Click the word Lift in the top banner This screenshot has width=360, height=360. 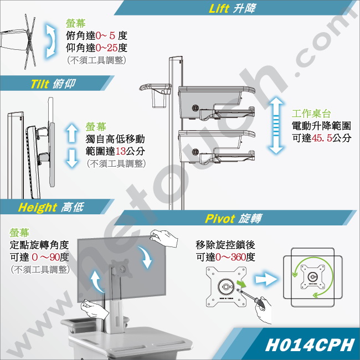[x=219, y=8]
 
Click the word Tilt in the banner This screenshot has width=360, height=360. [x=40, y=84]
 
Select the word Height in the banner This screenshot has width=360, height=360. [x=38, y=208]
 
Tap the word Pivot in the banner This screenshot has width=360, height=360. [x=220, y=218]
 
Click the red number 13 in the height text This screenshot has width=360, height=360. [x=120, y=151]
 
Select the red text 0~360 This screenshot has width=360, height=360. [x=230, y=257]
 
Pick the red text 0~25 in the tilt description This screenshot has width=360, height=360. [x=106, y=48]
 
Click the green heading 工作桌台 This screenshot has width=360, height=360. [x=311, y=114]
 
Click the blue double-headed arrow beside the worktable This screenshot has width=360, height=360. [x=276, y=125]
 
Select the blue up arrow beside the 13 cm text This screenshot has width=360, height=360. [x=72, y=132]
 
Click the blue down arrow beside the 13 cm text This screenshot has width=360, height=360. [x=72, y=158]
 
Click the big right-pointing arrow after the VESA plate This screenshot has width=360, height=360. [x=266, y=279]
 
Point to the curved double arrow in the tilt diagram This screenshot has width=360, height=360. [x=51, y=41]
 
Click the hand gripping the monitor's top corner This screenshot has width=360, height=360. [x=164, y=238]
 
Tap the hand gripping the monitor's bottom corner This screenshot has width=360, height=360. [x=94, y=308]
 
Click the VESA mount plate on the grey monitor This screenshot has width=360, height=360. [x=122, y=269]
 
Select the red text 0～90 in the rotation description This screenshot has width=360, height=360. [x=46, y=257]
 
